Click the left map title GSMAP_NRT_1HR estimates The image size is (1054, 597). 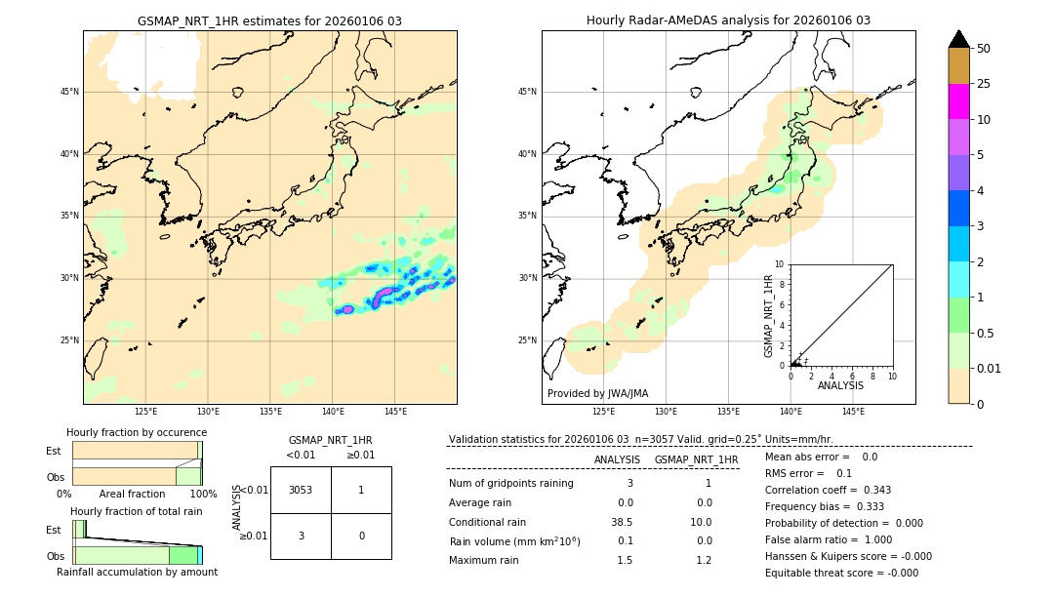(269, 20)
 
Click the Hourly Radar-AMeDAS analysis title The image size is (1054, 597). (728, 20)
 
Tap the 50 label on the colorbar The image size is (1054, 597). (984, 49)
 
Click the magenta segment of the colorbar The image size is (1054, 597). (958, 101)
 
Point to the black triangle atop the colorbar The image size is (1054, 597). (958, 39)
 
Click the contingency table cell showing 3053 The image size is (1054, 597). (301, 490)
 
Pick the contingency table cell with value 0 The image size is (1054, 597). (361, 536)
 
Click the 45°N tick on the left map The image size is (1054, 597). (69, 92)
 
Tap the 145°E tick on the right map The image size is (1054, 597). (853, 412)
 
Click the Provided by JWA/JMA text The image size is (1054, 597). (597, 394)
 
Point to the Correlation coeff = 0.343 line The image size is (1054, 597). (828, 490)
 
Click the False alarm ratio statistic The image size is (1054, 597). (829, 539)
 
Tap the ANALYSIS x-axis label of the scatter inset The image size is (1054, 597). (840, 386)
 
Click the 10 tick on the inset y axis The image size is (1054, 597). (780, 264)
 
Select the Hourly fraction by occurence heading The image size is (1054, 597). (137, 432)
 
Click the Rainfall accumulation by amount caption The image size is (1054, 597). (137, 572)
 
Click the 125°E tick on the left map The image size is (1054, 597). (146, 412)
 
